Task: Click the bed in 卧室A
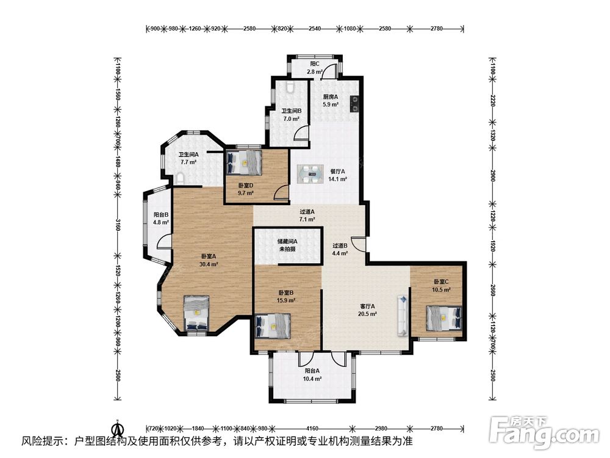pyautogui.click(x=196, y=313)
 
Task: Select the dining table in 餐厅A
pyautogui.click(x=310, y=174)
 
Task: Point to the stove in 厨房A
pyautogui.click(x=354, y=104)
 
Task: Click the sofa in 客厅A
pyautogui.click(x=403, y=316)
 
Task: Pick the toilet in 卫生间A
pyautogui.click(x=180, y=179)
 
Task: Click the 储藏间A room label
pyautogui.click(x=287, y=241)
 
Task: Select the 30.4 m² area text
pyautogui.click(x=209, y=264)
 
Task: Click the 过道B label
pyautogui.click(x=340, y=245)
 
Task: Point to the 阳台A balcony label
pyautogui.click(x=312, y=371)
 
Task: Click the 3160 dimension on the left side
pyautogui.click(x=118, y=224)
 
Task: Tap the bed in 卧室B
pyautogui.click(x=273, y=326)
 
